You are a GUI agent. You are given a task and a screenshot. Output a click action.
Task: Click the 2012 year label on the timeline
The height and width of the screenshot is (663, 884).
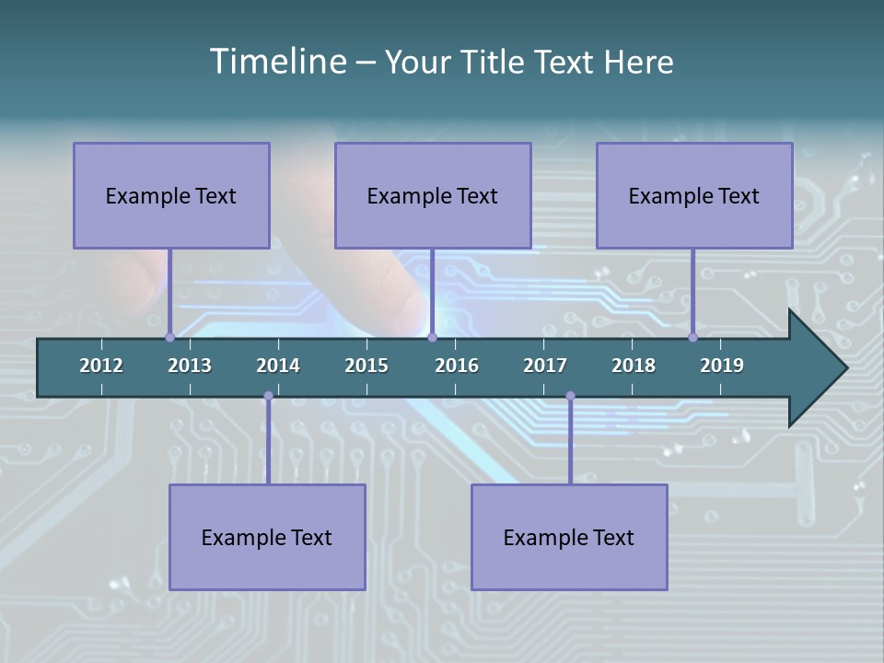(101, 366)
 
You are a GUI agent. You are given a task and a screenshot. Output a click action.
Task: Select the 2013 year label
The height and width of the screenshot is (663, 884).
(190, 366)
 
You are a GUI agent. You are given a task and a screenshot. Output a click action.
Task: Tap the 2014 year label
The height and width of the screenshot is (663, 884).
(278, 366)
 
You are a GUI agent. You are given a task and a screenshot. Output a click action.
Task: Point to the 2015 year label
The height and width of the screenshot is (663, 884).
(366, 366)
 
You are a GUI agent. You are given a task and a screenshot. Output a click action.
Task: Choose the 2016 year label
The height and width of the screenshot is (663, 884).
(457, 366)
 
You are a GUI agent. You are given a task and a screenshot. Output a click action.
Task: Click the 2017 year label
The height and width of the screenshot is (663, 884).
(545, 366)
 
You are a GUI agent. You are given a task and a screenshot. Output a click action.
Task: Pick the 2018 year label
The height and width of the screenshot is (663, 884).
(634, 366)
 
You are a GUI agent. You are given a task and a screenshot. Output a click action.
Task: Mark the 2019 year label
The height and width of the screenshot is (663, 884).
(722, 366)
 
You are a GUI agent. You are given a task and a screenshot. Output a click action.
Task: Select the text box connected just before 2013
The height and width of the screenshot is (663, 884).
(171, 195)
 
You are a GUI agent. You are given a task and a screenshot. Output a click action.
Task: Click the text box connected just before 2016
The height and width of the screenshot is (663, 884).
(433, 195)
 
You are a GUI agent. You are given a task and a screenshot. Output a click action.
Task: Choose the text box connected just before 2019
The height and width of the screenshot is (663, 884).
(694, 195)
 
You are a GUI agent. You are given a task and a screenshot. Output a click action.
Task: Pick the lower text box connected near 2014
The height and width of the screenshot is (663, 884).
(267, 537)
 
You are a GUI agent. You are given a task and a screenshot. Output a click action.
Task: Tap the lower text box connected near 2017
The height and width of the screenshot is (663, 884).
(569, 537)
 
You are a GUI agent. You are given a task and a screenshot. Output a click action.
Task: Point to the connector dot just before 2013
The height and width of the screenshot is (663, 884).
(169, 337)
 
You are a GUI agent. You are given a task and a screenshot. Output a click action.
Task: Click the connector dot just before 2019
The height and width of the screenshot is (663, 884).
(692, 337)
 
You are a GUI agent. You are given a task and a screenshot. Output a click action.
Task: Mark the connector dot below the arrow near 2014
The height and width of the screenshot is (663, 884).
(268, 396)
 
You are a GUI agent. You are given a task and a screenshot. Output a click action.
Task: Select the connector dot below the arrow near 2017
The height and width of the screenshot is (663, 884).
(570, 396)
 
